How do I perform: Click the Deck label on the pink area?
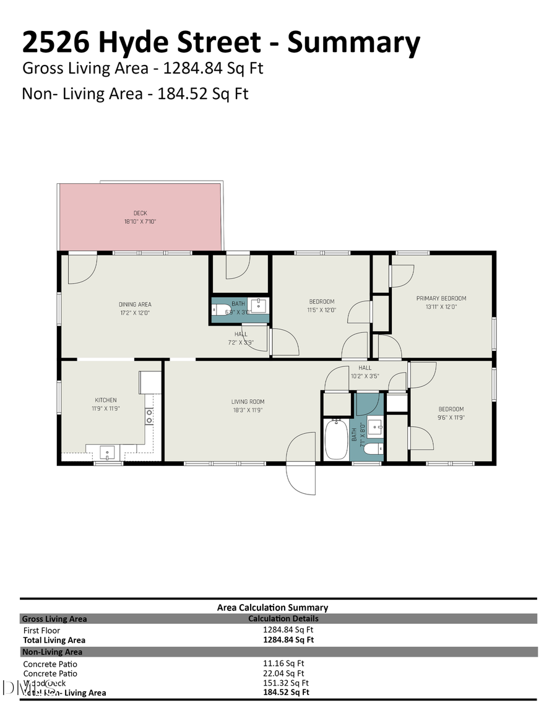(x=140, y=214)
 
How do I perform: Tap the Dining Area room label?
(x=135, y=304)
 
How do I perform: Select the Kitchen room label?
(x=105, y=400)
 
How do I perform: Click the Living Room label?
(x=248, y=402)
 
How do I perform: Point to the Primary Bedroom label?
(x=441, y=298)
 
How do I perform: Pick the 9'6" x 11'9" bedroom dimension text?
(x=451, y=418)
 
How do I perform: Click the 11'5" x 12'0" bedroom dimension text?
(x=322, y=310)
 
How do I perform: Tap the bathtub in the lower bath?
(x=336, y=439)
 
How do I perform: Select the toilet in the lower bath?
(x=373, y=449)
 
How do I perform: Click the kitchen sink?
(x=108, y=453)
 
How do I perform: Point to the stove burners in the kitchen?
(x=149, y=416)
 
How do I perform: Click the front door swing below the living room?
(x=301, y=464)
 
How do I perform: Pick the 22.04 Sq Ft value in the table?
(x=283, y=673)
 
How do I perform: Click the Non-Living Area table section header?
(x=52, y=652)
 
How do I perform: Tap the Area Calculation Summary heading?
(x=272, y=608)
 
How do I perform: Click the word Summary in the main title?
(x=354, y=43)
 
